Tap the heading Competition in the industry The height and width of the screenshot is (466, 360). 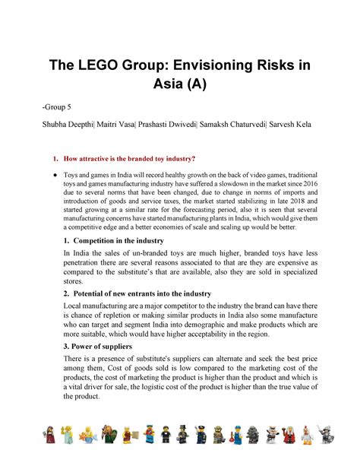(x=125, y=240)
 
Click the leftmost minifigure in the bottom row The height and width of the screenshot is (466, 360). (x=49, y=435)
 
